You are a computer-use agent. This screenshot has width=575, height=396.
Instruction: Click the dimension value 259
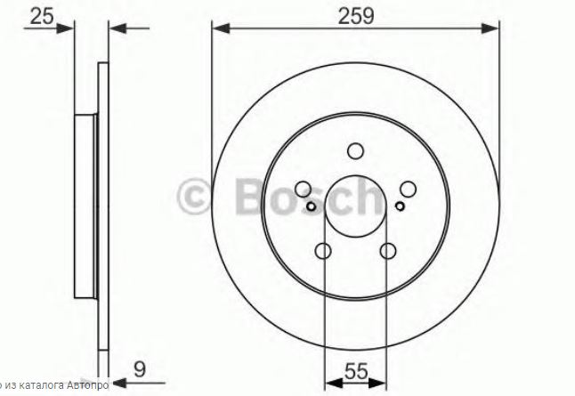356,16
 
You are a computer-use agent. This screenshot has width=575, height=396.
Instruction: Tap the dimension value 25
42,17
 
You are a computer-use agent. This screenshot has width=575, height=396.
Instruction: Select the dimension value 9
140,369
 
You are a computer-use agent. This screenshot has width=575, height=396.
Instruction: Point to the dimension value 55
356,371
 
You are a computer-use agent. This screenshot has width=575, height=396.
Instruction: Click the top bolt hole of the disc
355,151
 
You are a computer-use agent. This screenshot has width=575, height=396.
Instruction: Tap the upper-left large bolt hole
304,190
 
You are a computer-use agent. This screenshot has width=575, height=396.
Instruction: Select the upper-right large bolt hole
409,190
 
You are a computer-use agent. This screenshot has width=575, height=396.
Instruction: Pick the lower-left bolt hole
323,251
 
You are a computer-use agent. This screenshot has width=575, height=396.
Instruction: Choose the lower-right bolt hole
388,251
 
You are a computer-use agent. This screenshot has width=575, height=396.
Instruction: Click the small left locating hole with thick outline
311,206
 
